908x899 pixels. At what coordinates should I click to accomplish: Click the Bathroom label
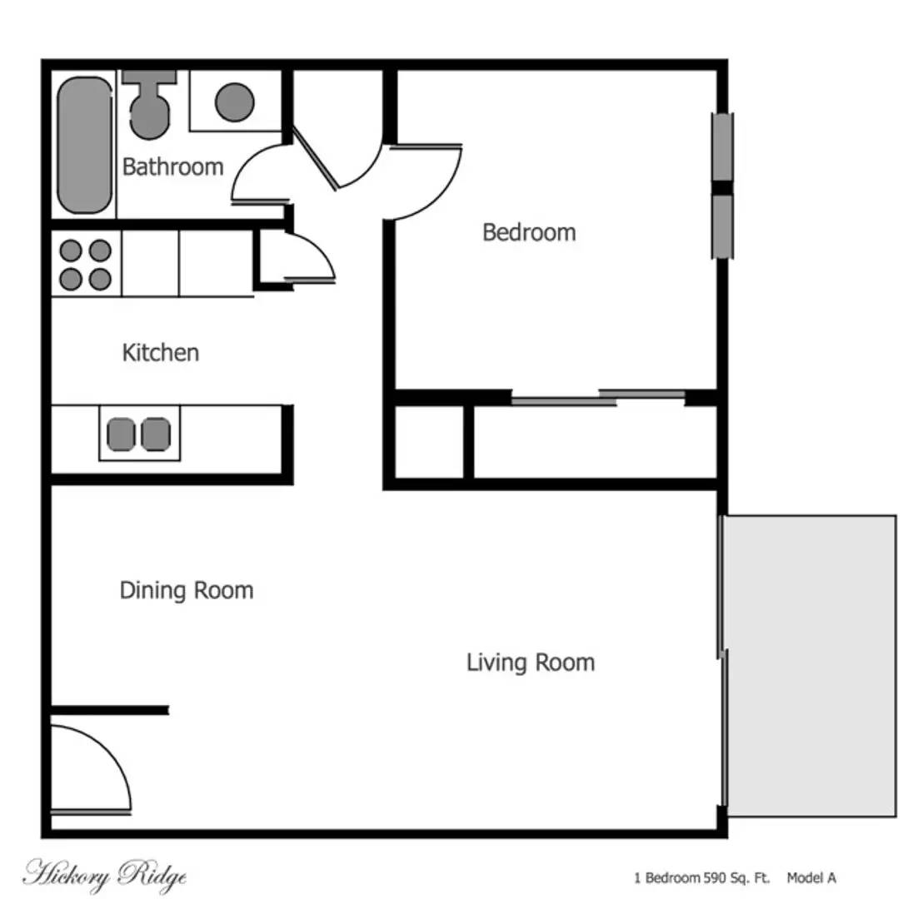pos(172,166)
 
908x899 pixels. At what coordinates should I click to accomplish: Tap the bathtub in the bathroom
pos(84,145)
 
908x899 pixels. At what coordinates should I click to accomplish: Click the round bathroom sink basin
pos(235,102)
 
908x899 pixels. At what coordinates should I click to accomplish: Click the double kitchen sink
pos(139,434)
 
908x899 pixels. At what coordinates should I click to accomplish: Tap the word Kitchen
pos(161,352)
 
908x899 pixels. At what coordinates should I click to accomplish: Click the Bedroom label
pos(529,231)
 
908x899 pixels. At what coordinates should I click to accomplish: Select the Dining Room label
pos(187,590)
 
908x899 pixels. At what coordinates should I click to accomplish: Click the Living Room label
pos(531,663)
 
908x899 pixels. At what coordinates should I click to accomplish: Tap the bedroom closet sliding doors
pos(597,398)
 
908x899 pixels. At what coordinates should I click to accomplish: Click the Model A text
pos(811,877)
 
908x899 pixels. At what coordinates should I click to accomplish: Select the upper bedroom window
pos(722,147)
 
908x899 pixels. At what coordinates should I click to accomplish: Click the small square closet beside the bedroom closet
pos(428,442)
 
